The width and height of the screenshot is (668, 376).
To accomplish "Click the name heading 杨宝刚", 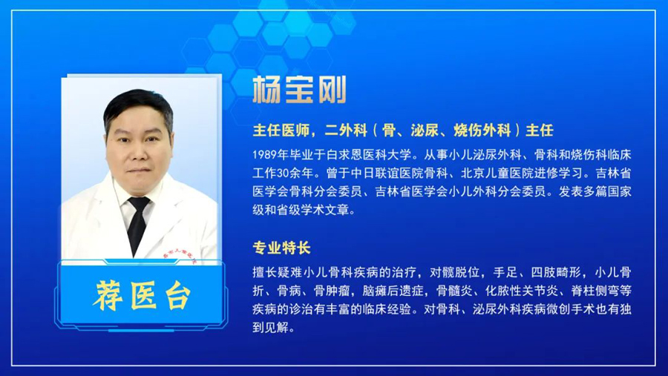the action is [x=299, y=90].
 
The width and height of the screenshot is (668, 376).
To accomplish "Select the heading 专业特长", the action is [x=281, y=248].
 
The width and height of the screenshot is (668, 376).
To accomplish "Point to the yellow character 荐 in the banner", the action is [x=108, y=295].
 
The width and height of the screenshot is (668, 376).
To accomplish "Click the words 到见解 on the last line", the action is [x=270, y=328].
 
